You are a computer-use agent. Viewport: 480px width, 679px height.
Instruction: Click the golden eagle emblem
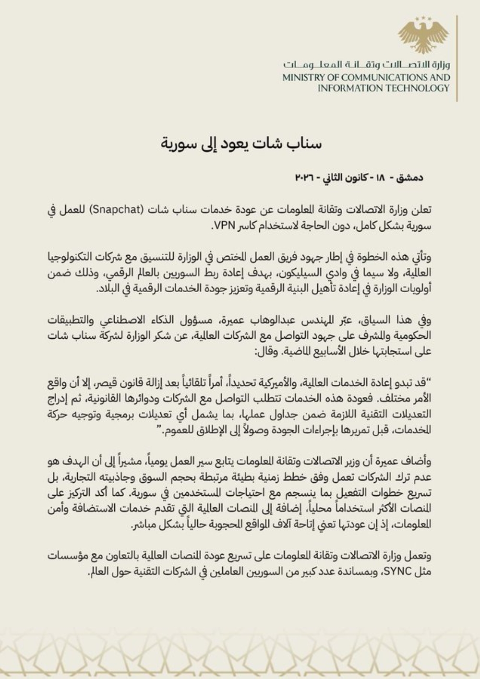point(423,35)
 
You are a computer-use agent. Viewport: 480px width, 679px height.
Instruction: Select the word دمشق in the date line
point(411,178)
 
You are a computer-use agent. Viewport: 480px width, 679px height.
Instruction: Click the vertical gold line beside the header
point(457,58)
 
